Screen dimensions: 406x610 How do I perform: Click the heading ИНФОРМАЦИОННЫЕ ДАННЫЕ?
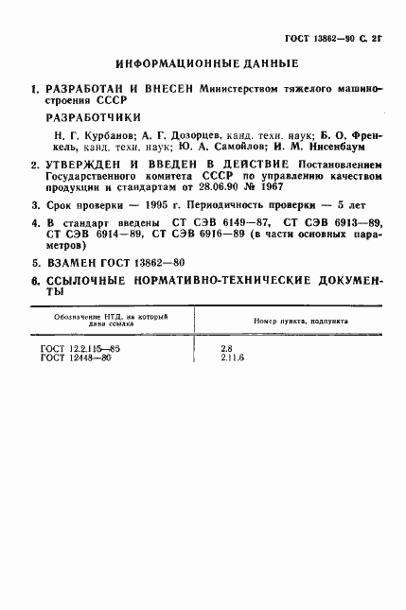pos(205,63)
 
